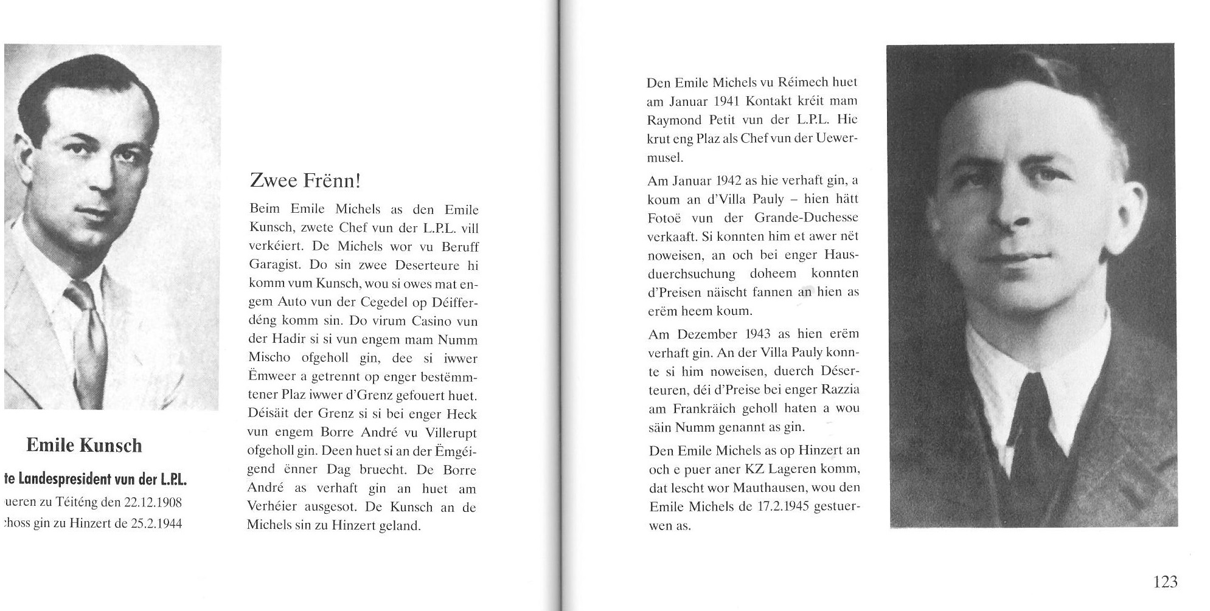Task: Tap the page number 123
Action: (x=1165, y=582)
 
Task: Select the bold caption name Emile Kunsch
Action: (x=84, y=445)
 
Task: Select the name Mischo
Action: (x=269, y=358)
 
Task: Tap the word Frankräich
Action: (x=703, y=409)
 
